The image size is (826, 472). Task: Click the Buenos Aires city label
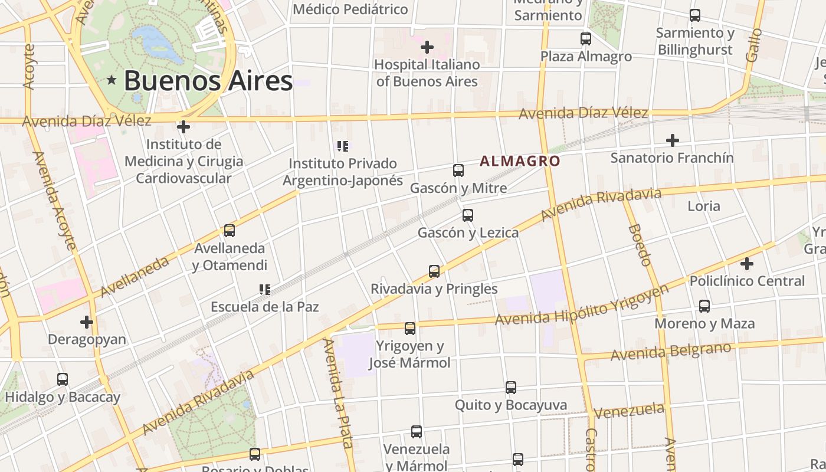(208, 81)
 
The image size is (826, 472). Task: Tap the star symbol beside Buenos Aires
(111, 80)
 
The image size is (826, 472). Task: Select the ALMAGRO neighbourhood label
(520, 160)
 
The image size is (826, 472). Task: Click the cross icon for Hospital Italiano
(427, 47)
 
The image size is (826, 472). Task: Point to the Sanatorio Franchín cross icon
(672, 140)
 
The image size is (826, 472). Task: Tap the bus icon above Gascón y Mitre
(458, 171)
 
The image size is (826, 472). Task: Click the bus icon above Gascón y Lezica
(468, 215)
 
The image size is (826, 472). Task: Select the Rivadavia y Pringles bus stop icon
(434, 271)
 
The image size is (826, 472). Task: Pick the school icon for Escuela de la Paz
(265, 289)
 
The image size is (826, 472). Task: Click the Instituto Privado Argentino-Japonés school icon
(342, 146)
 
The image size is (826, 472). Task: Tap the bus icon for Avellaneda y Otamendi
(230, 231)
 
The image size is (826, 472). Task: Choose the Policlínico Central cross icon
(747, 263)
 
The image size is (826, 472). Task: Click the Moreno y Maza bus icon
(704, 306)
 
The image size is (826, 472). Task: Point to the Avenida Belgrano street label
(671, 352)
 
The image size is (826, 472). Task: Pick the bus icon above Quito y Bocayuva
(511, 388)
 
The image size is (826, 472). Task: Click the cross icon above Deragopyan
(87, 322)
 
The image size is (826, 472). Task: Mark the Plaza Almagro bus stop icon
(586, 39)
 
